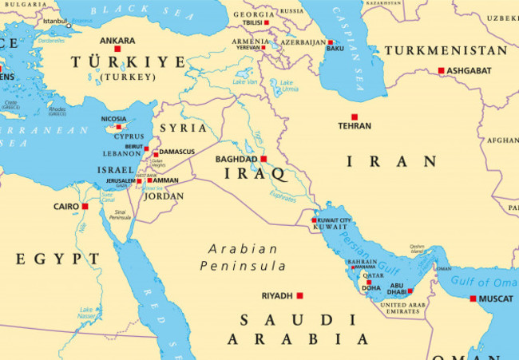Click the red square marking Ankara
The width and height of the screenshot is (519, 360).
point(117,49)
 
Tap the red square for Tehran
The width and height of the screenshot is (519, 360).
point(355,117)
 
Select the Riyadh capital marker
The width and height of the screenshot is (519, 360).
point(299,295)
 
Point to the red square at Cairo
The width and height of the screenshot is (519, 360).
point(85,206)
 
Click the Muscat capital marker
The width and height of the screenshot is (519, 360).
point(473,299)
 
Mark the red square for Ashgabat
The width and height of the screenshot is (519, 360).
point(441,70)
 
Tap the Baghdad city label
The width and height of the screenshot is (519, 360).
point(236,159)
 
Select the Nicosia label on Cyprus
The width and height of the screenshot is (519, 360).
point(113,119)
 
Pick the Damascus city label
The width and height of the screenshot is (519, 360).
point(177,152)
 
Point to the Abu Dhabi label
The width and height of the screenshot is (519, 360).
point(396,288)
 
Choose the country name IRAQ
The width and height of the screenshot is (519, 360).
point(256,173)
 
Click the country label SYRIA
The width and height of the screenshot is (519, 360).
point(183,128)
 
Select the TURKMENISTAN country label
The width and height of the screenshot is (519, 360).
point(445,50)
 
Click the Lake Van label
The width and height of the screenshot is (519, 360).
point(244,81)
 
